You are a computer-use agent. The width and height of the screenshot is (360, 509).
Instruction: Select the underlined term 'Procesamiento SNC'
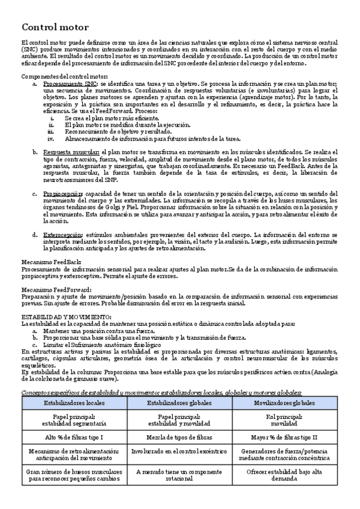coord(69,85)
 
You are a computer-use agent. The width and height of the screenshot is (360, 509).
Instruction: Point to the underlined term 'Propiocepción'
coord(63,194)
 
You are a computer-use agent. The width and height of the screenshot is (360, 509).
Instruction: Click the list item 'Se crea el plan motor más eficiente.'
coord(114,119)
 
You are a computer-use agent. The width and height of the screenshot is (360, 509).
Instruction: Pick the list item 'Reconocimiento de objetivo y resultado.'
coord(117,131)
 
